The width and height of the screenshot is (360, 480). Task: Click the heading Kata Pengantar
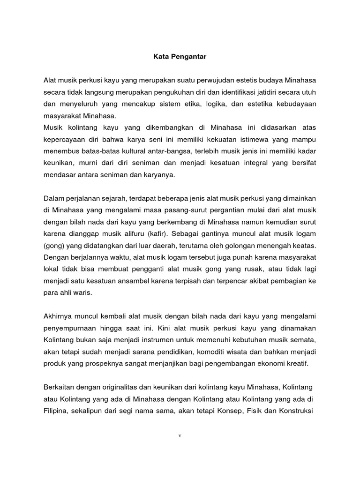(x=180, y=57)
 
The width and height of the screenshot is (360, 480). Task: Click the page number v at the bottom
(x=180, y=435)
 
